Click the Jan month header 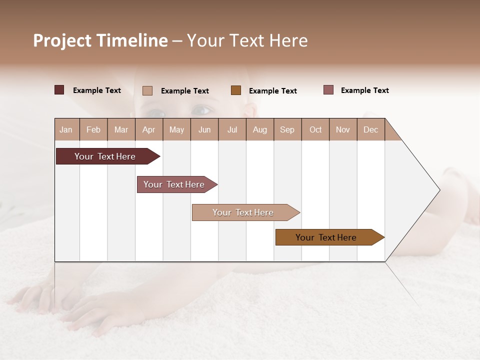66,129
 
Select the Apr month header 148,129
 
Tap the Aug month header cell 259,129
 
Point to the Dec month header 370,129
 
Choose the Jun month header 204,129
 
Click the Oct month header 315,129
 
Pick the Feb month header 93,129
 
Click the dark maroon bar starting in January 105,156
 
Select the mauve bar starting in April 174,184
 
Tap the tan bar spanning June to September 243,212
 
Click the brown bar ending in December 326,237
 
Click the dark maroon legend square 59,90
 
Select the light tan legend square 147,90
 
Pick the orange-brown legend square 235,90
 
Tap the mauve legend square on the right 328,90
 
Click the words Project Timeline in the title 100,40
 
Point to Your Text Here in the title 247,40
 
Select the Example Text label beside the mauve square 364,90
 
